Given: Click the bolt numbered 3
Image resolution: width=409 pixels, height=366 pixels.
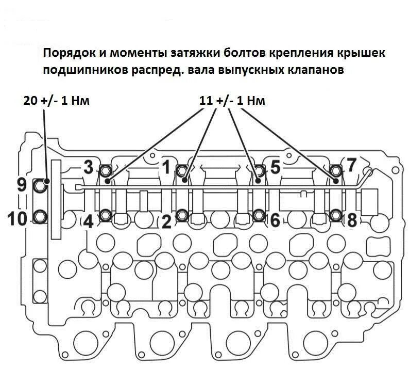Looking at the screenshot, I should pyautogui.click(x=106, y=170).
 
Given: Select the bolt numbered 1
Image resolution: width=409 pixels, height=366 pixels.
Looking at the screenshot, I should pyautogui.click(x=182, y=170).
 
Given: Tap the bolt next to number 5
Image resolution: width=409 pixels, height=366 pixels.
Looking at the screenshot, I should pyautogui.click(x=259, y=170).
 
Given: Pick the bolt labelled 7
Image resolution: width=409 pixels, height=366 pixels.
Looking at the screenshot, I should pyautogui.click(x=335, y=170).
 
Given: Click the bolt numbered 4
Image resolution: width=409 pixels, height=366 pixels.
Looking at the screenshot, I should pyautogui.click(x=106, y=215).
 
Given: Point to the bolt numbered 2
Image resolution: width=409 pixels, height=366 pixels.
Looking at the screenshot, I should pyautogui.click(x=182, y=215).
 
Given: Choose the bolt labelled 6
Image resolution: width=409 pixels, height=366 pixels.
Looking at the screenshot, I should pyautogui.click(x=259, y=215).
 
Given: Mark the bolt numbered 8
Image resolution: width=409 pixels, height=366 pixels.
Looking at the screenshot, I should pyautogui.click(x=335, y=215).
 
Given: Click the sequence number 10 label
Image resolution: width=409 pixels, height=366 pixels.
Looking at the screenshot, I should pyautogui.click(x=16, y=218).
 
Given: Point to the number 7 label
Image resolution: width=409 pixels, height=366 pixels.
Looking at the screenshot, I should pyautogui.click(x=351, y=165).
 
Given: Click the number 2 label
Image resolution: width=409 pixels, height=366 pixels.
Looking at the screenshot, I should pyautogui.click(x=166, y=222).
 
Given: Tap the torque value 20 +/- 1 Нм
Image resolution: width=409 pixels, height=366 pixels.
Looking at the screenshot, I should pyautogui.click(x=57, y=100).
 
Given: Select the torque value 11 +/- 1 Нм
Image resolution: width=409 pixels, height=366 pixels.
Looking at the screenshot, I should pyautogui.click(x=232, y=100).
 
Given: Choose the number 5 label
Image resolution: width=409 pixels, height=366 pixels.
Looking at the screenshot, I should pyautogui.click(x=275, y=167).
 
